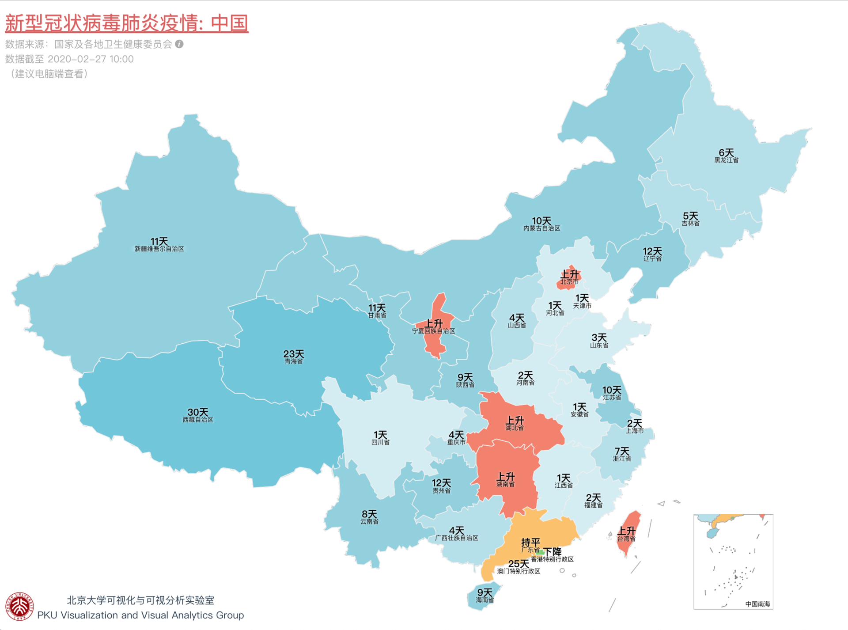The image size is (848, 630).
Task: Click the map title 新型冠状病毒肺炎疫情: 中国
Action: (127, 23)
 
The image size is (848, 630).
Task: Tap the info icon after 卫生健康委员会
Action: (179, 44)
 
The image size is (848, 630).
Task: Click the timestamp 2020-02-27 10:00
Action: (90, 59)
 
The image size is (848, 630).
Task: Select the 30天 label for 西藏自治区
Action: (197, 412)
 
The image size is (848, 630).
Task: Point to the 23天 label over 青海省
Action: (293, 354)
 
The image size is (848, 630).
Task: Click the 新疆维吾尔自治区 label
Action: (159, 249)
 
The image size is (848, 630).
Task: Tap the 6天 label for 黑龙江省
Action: (726, 153)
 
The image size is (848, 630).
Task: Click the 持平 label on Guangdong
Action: (530, 542)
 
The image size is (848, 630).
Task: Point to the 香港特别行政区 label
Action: (552, 559)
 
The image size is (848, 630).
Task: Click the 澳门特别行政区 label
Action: (519, 571)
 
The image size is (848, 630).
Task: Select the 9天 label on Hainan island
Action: (485, 592)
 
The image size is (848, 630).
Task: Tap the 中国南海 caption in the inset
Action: (757, 604)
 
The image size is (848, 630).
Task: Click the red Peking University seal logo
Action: (19, 607)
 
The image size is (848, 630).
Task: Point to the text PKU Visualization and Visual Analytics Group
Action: (140, 615)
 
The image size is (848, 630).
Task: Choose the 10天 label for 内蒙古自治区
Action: (541, 221)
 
